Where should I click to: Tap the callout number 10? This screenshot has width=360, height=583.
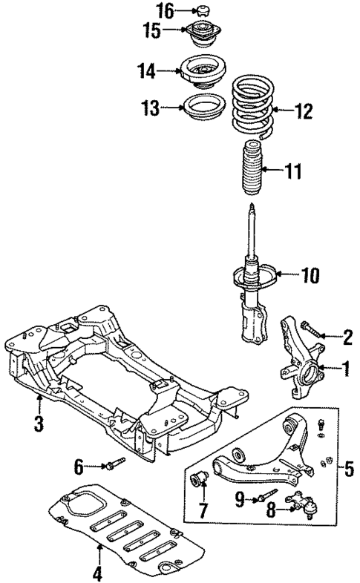310,276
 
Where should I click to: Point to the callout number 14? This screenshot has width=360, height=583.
145,71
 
